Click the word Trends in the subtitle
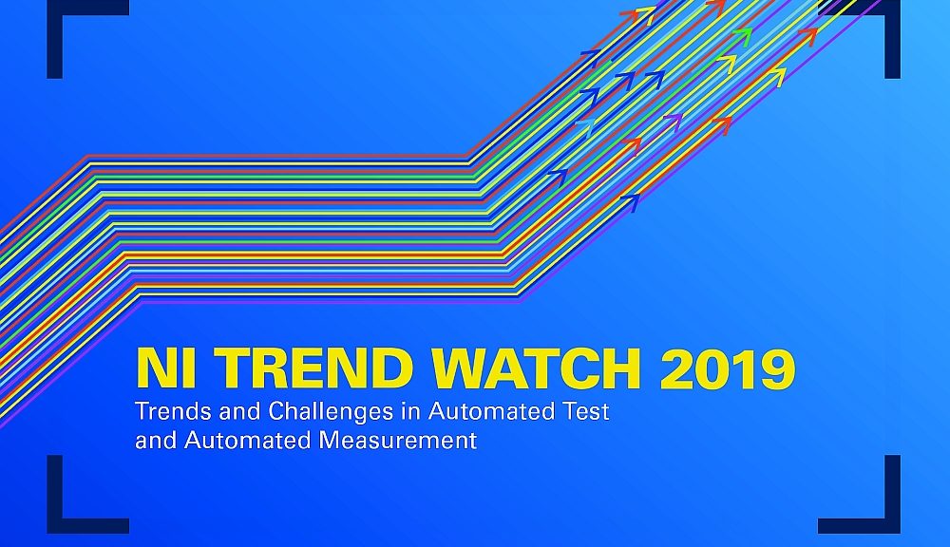(167, 413)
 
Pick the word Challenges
(312, 414)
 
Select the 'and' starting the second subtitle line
(153, 441)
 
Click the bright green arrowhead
(742, 36)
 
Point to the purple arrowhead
(672, 122)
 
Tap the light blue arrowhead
(581, 126)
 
